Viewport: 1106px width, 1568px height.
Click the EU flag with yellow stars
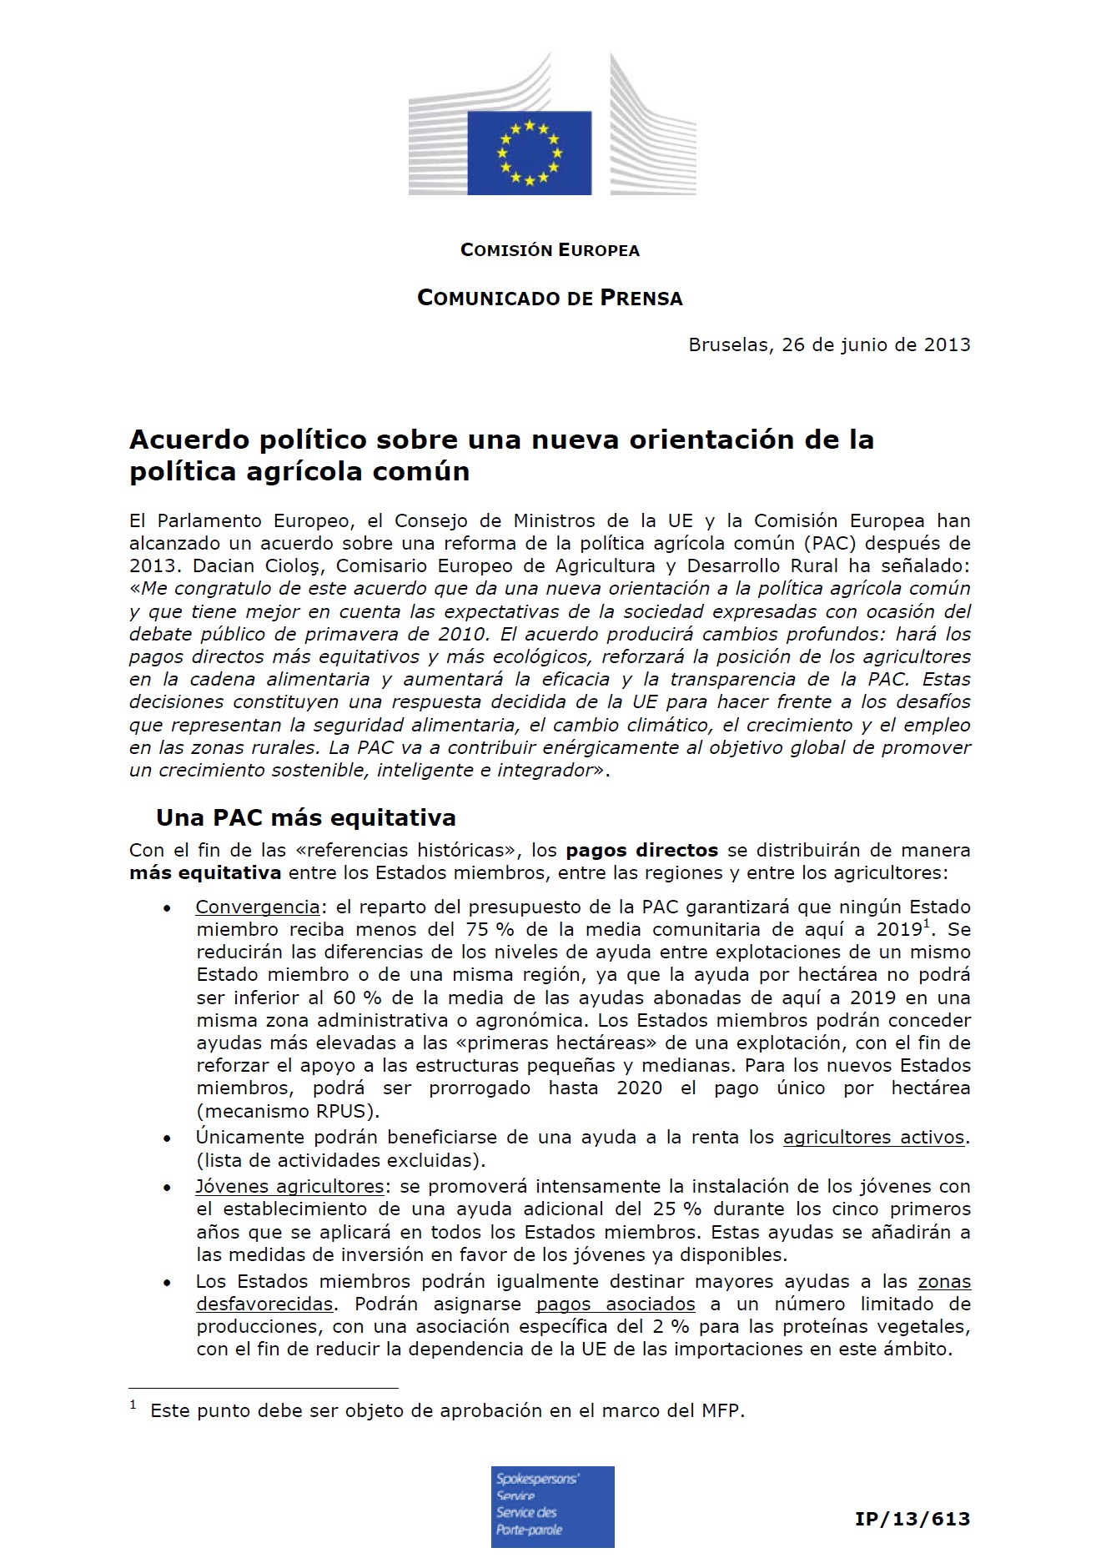(x=529, y=153)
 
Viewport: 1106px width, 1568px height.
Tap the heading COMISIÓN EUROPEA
(x=550, y=250)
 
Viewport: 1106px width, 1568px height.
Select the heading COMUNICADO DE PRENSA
(x=550, y=298)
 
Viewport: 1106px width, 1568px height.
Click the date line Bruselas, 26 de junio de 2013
(x=829, y=344)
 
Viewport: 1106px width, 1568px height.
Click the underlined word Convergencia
(x=258, y=907)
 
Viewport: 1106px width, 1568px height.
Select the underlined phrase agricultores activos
(x=873, y=1137)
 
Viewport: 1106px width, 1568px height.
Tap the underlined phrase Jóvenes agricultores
(x=289, y=1186)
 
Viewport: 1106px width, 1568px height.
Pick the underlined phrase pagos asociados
(x=616, y=1304)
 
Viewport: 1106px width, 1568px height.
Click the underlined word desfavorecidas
(x=264, y=1304)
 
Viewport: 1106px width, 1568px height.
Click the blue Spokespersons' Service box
(x=552, y=1506)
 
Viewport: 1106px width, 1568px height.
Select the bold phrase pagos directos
(x=641, y=851)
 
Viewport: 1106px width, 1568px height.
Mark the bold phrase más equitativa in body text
(x=205, y=873)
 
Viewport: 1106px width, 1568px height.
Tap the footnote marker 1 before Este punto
(x=133, y=1405)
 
